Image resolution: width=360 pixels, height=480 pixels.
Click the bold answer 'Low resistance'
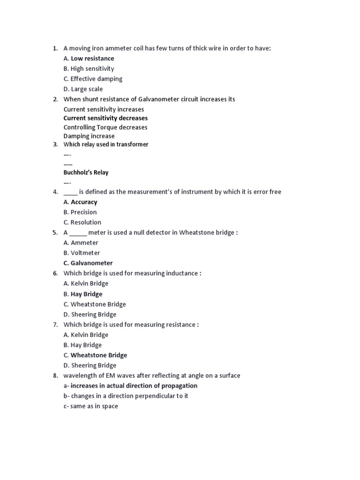tap(92, 59)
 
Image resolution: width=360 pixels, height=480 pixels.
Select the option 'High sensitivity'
tap(92, 69)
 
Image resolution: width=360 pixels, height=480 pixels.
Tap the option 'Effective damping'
tap(96, 79)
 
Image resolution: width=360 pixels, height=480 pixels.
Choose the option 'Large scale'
tap(86, 89)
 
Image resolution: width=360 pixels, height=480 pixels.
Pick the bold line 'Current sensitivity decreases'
tap(105, 118)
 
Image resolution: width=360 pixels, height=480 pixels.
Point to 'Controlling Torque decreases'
tap(105, 127)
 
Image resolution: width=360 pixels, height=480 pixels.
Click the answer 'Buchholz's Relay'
tap(86, 172)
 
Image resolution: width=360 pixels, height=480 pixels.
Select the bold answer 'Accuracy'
tap(84, 202)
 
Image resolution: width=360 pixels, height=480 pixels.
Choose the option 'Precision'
tap(83, 212)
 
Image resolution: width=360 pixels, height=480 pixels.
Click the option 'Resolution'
tap(86, 223)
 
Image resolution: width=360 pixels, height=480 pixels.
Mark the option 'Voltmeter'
tap(85, 253)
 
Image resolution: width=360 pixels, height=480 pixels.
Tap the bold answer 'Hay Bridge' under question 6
tap(86, 294)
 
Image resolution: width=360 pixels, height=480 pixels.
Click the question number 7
tap(55, 325)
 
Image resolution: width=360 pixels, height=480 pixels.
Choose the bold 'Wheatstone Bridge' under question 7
tap(98, 355)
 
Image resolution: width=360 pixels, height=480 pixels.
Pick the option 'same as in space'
tap(94, 406)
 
